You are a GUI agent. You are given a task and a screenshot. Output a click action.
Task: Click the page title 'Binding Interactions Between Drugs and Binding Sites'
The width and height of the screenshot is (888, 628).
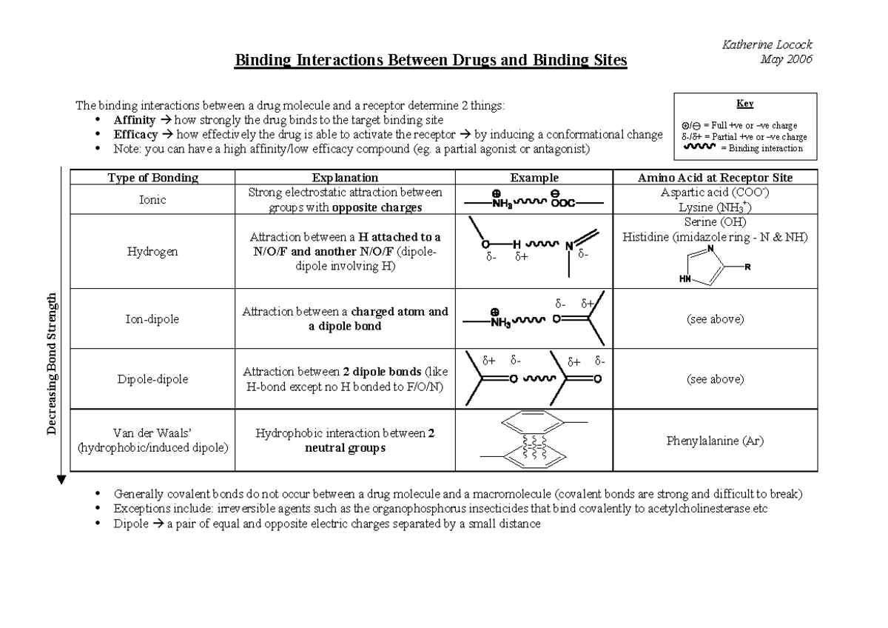pos(431,60)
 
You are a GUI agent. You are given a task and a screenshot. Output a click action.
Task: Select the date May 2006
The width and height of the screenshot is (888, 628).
pos(786,59)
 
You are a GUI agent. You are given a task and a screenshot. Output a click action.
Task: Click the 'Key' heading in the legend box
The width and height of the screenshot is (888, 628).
pos(744,104)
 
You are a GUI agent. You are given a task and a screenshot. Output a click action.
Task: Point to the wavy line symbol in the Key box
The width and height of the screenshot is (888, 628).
pos(701,147)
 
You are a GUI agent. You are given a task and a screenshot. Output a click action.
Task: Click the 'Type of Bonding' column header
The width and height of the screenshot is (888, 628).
pos(152,178)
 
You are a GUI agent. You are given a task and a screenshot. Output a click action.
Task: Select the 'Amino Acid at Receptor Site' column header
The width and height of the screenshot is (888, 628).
pos(715,178)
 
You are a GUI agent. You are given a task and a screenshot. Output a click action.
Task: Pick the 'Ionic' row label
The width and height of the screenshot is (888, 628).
pos(152,200)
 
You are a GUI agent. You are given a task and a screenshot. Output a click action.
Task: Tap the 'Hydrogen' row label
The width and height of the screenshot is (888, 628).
pos(152,252)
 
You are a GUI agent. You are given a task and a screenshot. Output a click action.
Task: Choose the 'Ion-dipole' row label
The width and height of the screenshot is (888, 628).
pos(152,319)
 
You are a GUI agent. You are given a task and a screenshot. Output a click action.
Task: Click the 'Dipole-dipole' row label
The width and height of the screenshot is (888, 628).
pos(152,379)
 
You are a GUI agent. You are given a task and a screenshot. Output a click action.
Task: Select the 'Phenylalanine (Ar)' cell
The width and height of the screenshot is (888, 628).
pos(715,441)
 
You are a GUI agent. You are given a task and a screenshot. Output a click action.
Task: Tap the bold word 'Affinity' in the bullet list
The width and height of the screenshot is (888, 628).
pos(135,120)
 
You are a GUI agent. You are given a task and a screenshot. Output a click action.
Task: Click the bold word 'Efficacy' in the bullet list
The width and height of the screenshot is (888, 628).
pos(135,135)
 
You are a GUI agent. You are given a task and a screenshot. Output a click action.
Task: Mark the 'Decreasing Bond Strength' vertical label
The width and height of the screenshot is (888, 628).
pos(53,364)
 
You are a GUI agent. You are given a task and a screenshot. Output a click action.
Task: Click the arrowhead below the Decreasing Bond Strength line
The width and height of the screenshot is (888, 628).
pos(61,481)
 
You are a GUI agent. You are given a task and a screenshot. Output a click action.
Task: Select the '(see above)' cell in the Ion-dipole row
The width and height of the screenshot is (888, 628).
pos(715,319)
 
